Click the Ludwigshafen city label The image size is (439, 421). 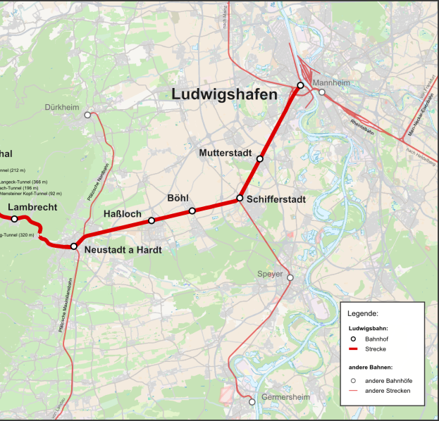[221, 94]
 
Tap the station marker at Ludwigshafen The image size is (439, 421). [300, 85]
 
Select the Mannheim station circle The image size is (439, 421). [322, 92]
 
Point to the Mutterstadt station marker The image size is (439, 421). [260, 159]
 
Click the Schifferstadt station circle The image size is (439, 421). [240, 198]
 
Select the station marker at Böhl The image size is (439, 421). [192, 210]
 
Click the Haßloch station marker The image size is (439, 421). [151, 220]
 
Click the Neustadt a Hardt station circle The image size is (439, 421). [74, 246]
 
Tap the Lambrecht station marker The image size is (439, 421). [14, 219]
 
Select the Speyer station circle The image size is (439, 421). [290, 277]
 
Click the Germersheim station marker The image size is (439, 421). [252, 402]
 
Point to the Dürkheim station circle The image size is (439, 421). [87, 114]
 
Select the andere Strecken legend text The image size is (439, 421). [388, 391]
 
